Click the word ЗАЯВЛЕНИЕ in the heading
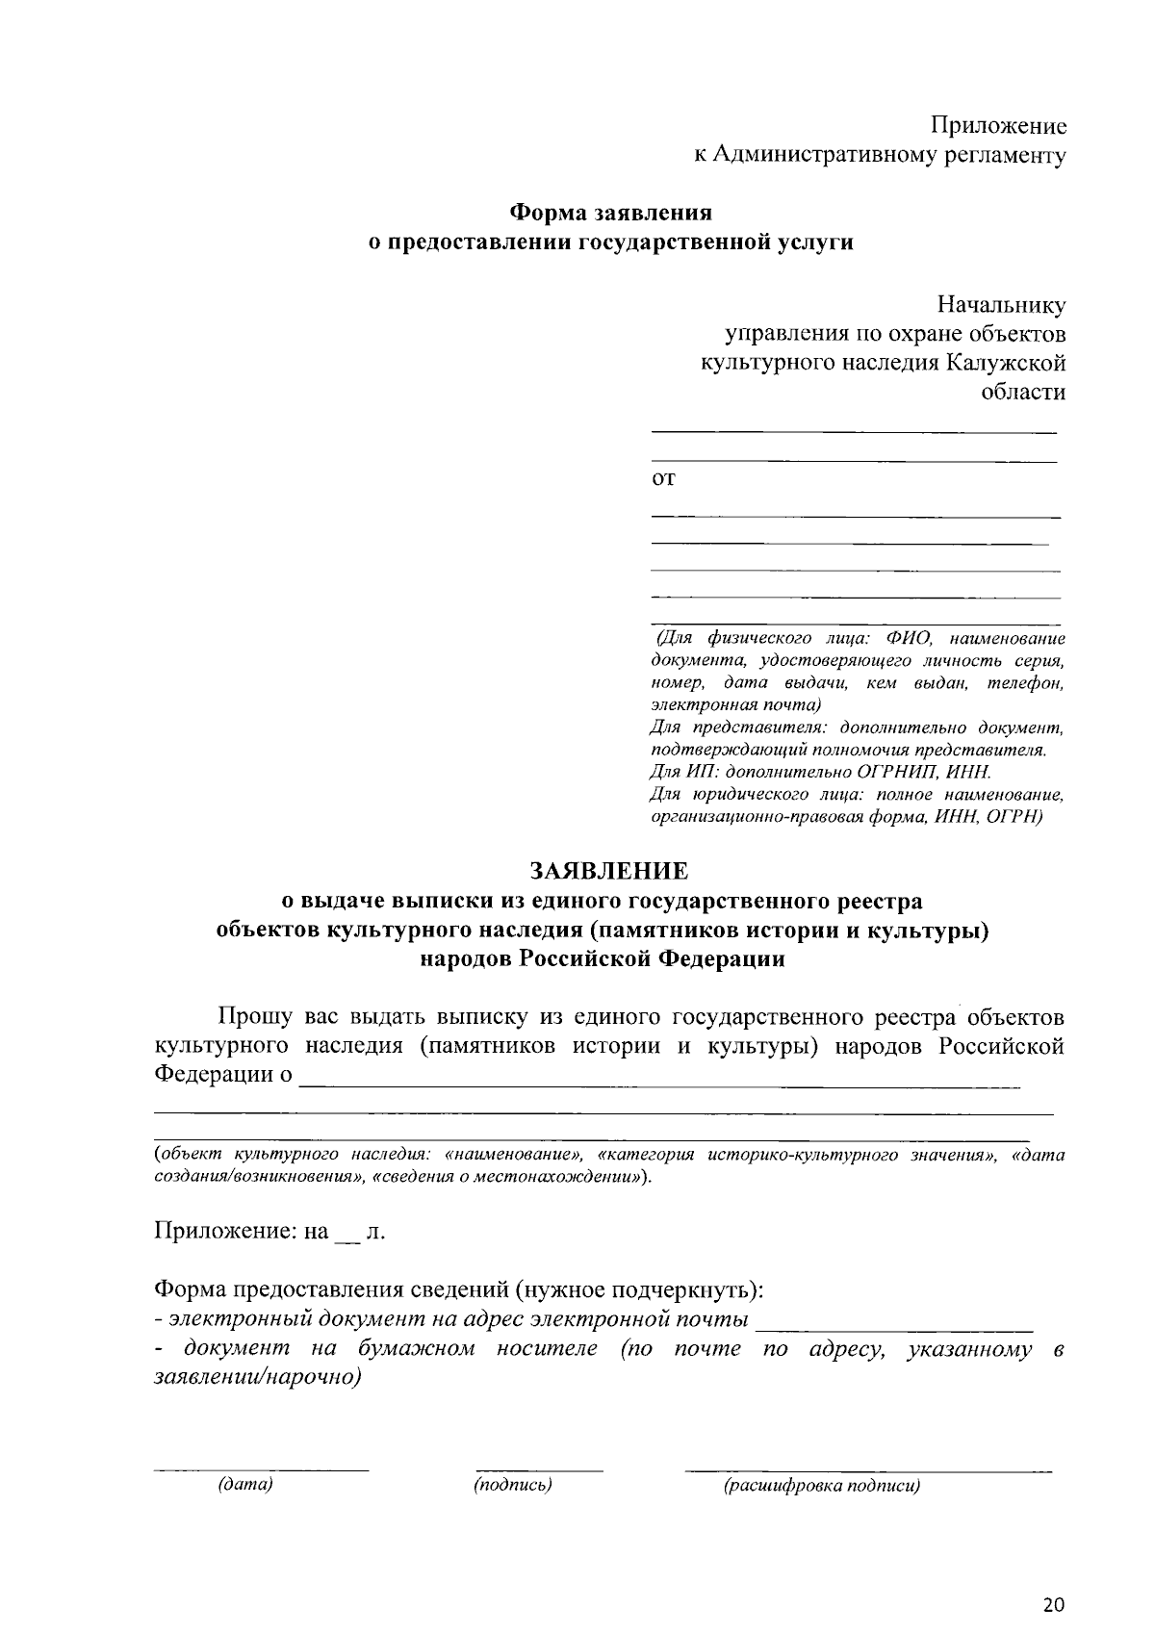coord(609,872)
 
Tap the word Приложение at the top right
coord(998,126)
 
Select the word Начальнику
coord(1002,306)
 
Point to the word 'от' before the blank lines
coord(663,479)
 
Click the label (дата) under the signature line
coord(246,1485)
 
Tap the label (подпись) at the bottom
coord(513,1485)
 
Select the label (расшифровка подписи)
coord(822,1486)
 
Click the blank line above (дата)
coord(262,1469)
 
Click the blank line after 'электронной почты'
coord(894,1329)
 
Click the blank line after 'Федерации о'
coord(658,1086)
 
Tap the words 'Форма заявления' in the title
coord(610,212)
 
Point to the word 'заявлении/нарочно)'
coord(258,1377)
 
